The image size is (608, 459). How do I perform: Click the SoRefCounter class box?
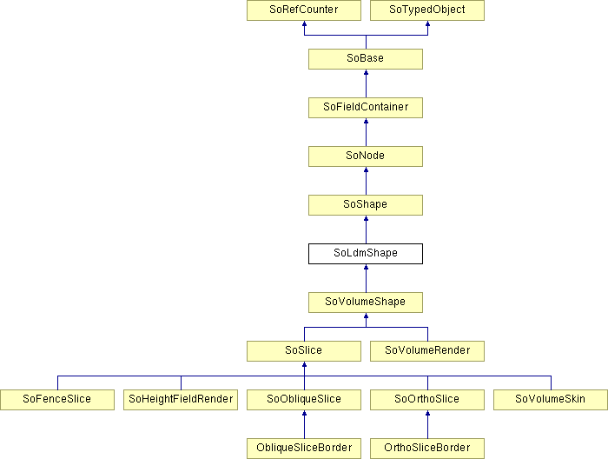[x=304, y=10]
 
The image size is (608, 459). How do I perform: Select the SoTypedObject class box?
[x=427, y=10]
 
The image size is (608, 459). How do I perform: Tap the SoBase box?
[x=366, y=59]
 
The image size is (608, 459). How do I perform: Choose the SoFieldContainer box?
[x=366, y=108]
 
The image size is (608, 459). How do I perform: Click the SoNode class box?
[x=366, y=156]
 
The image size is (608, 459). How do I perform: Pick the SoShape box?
[x=366, y=205]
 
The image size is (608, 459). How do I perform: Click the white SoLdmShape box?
[x=366, y=254]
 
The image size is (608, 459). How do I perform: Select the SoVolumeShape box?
[x=366, y=303]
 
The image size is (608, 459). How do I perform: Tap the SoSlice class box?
[x=304, y=351]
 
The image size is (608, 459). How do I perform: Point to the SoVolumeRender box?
[x=427, y=351]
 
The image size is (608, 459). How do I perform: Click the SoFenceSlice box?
[x=57, y=400]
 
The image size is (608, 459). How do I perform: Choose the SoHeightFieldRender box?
[x=181, y=400]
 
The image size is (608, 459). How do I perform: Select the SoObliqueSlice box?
[x=304, y=400]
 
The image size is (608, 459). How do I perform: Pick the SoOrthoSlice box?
[x=427, y=400]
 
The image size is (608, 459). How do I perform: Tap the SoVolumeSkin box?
[x=551, y=400]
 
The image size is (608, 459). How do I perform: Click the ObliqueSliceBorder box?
[x=304, y=449]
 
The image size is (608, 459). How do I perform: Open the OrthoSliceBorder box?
[x=427, y=449]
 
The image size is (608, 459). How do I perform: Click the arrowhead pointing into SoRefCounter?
[x=304, y=23]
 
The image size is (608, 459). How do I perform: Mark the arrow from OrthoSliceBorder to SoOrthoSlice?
[x=427, y=424]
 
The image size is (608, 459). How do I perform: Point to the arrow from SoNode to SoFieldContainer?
[x=366, y=132]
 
